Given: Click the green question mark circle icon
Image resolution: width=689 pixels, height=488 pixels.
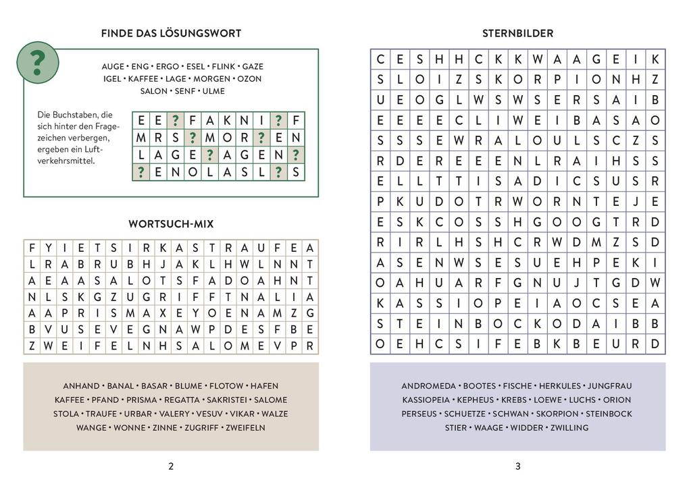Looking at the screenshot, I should coord(37,62).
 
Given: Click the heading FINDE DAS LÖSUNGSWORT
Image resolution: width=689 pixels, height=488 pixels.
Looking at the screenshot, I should coord(171,33).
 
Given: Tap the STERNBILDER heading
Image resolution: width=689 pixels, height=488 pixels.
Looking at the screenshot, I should coord(517,33).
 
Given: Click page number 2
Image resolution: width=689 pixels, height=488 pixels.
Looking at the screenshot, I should coord(171,466).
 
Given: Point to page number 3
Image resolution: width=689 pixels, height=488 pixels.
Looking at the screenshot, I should coord(517,466).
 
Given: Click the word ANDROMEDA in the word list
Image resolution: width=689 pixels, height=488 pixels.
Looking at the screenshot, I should coord(427,386).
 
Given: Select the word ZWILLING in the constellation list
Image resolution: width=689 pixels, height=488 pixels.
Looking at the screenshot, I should coord(569,427).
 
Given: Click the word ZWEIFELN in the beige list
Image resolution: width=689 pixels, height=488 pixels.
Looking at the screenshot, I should coord(245,427).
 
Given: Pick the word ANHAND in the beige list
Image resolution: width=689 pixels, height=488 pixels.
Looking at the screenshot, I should coord(81,386).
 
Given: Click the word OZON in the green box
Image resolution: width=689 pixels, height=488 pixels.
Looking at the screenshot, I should coord(249,79).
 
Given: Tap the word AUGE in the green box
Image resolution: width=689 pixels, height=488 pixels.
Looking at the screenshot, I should coord(113,67).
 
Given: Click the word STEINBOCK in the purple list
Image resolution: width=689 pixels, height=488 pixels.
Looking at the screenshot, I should coord(609,414).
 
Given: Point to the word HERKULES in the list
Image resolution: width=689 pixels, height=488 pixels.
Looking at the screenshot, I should coord(559,386).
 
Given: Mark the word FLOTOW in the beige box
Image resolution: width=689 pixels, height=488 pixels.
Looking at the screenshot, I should coord(226,386).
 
